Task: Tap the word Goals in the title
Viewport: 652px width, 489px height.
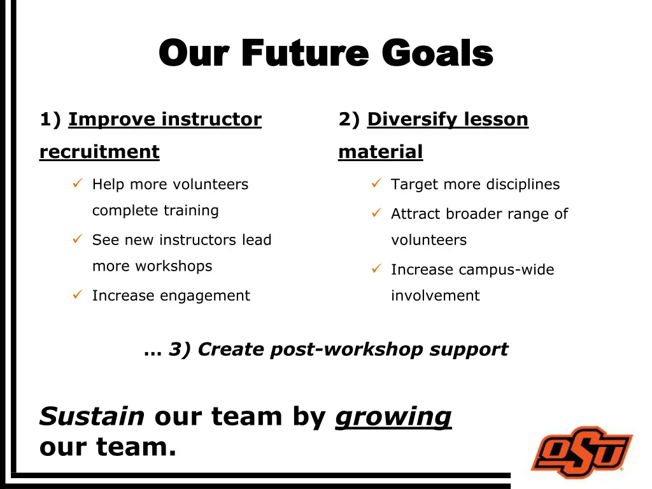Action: point(437,53)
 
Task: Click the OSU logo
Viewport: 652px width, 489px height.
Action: point(581,452)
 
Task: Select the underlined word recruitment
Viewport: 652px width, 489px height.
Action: point(99,152)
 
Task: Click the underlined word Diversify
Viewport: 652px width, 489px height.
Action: point(410,120)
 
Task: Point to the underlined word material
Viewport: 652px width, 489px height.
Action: point(380,152)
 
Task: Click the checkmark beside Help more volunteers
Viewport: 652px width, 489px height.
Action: point(77,185)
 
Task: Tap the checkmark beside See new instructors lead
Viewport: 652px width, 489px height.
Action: point(77,240)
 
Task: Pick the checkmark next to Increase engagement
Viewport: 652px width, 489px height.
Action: point(77,295)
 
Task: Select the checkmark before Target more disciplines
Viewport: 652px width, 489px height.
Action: point(376,185)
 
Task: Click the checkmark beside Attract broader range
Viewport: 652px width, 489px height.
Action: point(376,214)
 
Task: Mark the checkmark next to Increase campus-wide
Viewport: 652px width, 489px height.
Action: point(376,269)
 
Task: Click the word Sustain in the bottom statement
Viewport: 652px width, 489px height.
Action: point(92,416)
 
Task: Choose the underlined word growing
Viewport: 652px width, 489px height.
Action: point(393,416)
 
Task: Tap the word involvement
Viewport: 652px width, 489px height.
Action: point(435,295)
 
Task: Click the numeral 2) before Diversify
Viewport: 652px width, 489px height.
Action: point(349,120)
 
